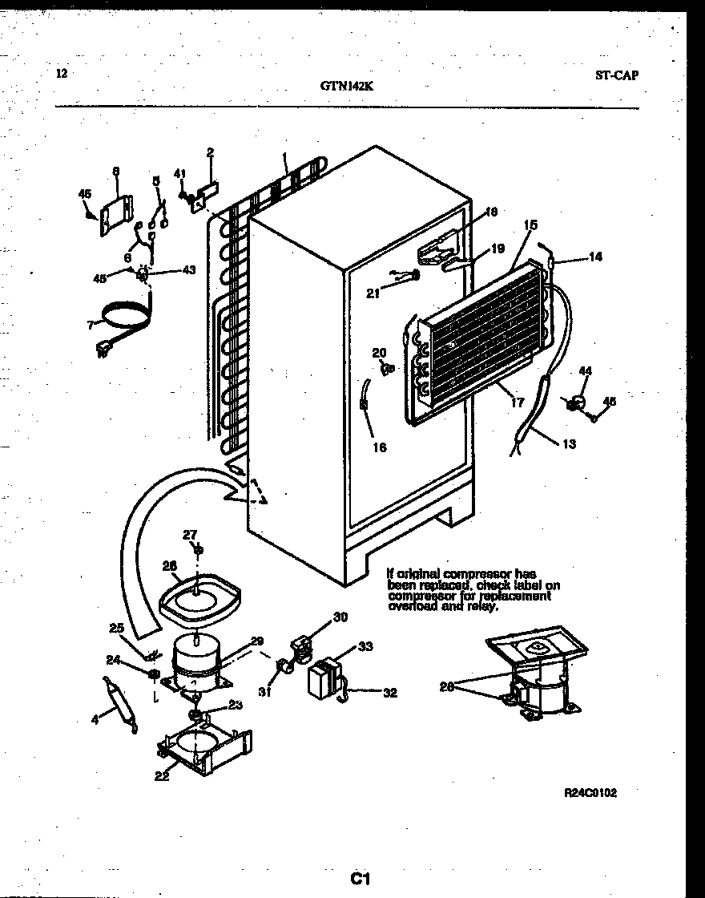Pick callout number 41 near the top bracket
tap(180, 172)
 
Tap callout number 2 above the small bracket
tap(210, 152)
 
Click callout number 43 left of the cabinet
tap(189, 269)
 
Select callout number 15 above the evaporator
tap(530, 227)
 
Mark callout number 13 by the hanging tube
tap(568, 444)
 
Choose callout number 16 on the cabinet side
tap(379, 447)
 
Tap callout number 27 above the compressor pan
tap(189, 535)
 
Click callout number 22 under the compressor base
tap(162, 775)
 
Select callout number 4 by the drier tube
tap(95, 719)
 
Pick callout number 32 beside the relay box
tap(389, 694)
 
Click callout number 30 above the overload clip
tap(340, 617)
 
